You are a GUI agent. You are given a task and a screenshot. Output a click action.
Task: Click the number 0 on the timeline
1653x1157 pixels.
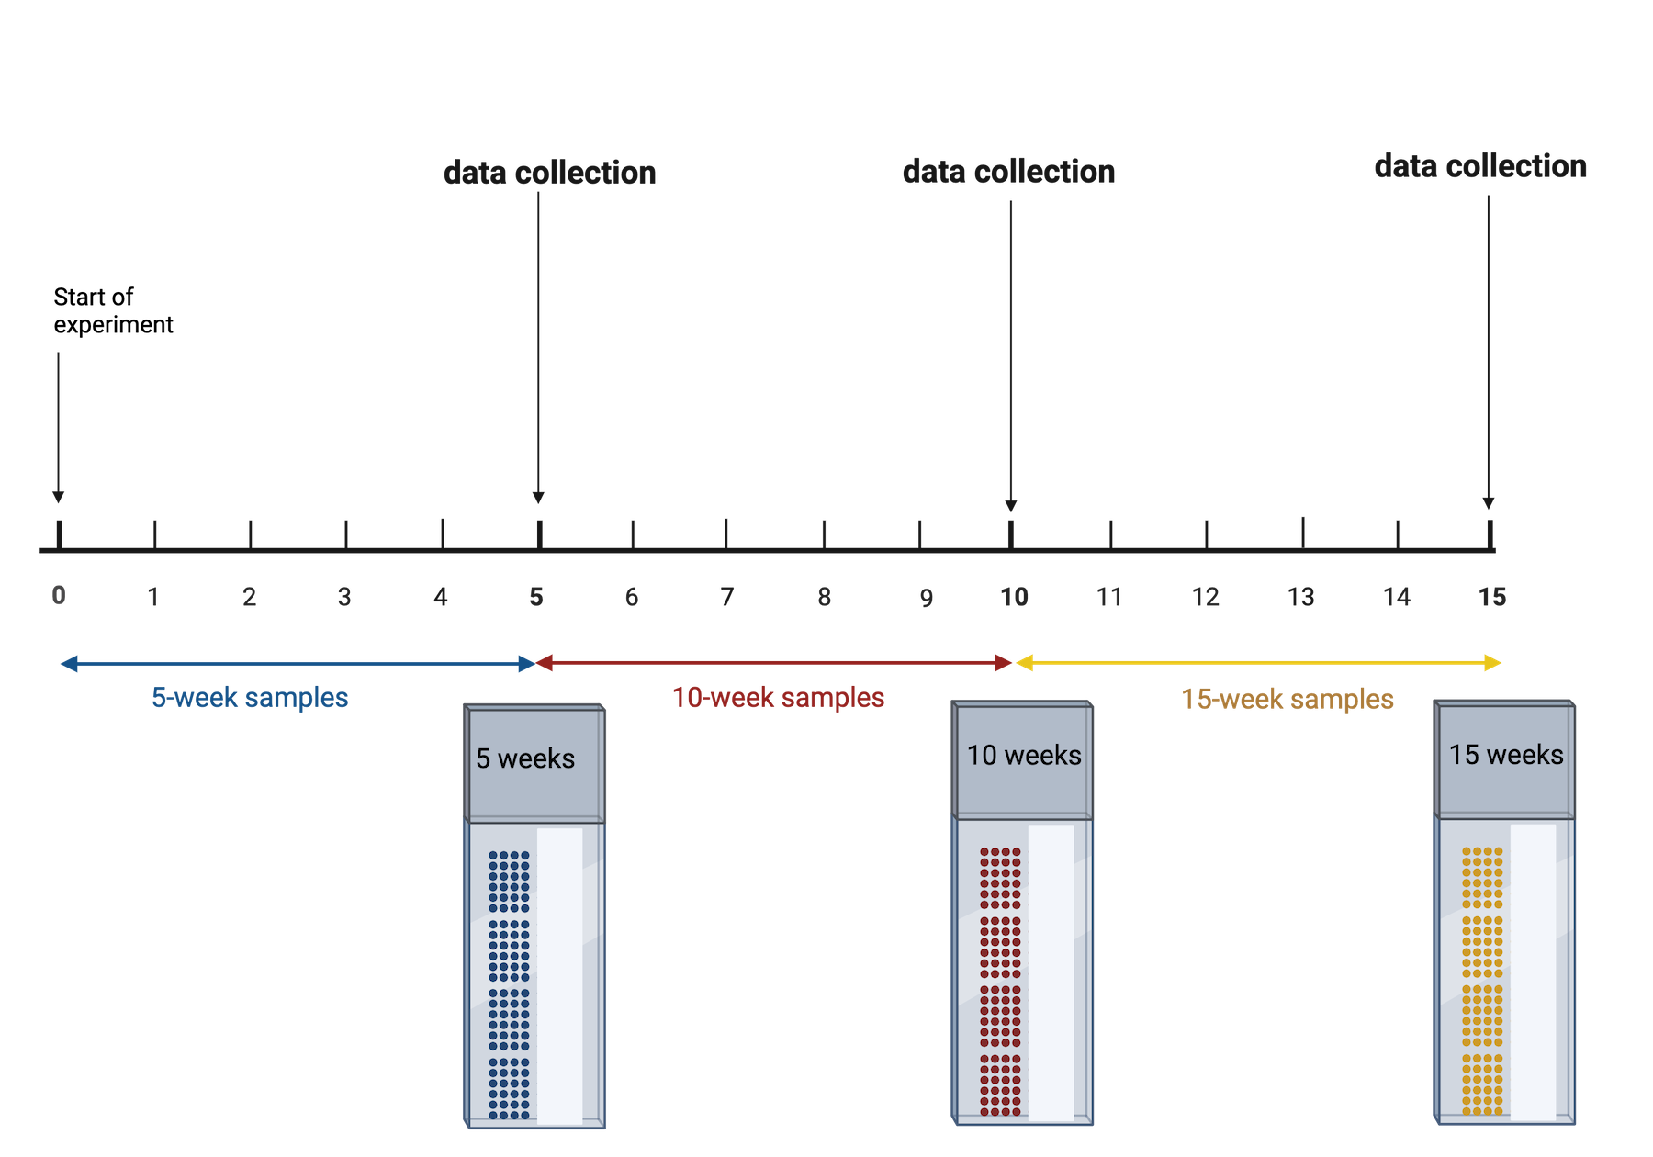pos(59,595)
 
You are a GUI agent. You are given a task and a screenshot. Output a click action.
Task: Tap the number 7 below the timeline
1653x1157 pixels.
pos(727,598)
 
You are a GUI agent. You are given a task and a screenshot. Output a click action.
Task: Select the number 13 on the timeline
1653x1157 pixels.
pos(1300,598)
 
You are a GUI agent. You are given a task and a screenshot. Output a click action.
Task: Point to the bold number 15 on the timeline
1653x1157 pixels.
pos(1492,598)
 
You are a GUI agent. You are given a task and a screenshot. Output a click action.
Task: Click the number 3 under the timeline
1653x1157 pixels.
pos(344,598)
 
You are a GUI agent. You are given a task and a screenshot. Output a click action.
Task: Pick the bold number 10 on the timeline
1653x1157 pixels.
pos(1014,598)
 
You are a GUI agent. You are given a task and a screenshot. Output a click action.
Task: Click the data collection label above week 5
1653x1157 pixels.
pos(549,173)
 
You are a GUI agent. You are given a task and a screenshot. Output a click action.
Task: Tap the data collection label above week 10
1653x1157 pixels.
pos(1008,172)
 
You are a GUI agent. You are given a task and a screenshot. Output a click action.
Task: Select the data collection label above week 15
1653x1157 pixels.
pos(1480,166)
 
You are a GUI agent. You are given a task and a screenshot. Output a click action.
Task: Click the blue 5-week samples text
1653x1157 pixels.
pos(250,698)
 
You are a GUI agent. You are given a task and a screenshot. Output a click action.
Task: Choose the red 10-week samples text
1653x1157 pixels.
pos(779,698)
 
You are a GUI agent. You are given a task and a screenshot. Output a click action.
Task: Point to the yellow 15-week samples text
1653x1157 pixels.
pos(1288,700)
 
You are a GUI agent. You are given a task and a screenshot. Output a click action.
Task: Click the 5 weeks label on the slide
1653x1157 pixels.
pos(525,758)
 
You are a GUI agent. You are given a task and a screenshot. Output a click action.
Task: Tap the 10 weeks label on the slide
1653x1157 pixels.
pos(1024,755)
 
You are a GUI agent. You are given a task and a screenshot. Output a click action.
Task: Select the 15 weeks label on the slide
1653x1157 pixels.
pos(1506,755)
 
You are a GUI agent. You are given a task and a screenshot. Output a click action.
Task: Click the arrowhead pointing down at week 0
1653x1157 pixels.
pos(58,497)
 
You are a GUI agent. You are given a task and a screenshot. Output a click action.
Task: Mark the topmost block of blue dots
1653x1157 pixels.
pos(509,882)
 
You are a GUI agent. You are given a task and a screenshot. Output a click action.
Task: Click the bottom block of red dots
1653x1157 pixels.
pos(1000,1084)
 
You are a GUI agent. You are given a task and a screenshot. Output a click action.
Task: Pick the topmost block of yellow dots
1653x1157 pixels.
pos(1482,878)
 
